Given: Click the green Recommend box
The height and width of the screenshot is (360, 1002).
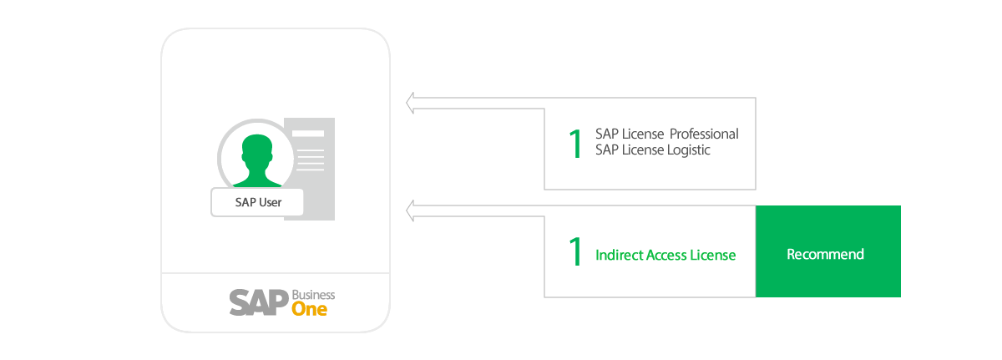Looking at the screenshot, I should point(827,253).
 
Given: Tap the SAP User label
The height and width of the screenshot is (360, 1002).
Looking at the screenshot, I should point(257,202).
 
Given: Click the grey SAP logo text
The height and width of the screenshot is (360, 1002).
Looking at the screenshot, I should point(258,302).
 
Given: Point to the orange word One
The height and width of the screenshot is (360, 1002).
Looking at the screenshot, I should point(309,309).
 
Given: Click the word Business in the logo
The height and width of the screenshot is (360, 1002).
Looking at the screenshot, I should point(313,295).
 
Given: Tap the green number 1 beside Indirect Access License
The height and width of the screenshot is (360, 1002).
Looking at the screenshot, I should point(574,252).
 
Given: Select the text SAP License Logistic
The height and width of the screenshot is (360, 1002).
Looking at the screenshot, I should point(652,150).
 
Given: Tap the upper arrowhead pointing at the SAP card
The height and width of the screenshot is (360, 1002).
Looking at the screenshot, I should point(411,104).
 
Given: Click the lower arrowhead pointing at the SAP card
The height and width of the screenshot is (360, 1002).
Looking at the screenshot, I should point(411,210).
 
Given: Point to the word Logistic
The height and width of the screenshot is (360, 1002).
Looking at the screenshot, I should point(687,150).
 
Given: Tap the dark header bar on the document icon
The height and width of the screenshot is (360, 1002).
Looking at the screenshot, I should point(307,133).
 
